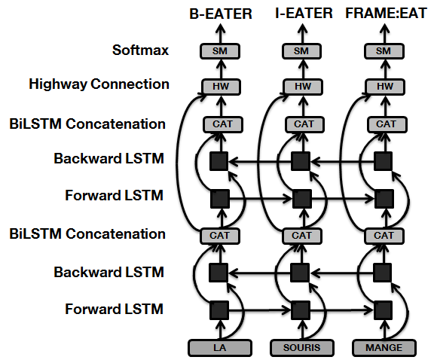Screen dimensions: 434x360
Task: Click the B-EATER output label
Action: pyautogui.click(x=221, y=14)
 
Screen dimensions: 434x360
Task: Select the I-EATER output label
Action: pyautogui.click(x=304, y=14)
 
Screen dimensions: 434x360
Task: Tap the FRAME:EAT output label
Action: pyautogui.click(x=386, y=14)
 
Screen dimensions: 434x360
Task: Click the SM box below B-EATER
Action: pyautogui.click(x=220, y=51)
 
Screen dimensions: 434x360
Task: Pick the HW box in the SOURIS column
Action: pyautogui.click(x=303, y=87)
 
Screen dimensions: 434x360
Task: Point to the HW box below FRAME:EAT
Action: pyautogui.click(x=385, y=87)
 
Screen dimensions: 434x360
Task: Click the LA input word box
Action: pyautogui.click(x=220, y=348)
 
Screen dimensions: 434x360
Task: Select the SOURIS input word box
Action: pyautogui.click(x=302, y=348)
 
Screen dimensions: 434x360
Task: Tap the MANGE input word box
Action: pyautogui.click(x=384, y=348)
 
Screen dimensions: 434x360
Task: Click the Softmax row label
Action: pyautogui.click(x=140, y=50)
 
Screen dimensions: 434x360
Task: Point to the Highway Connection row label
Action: pyautogui.click(x=99, y=84)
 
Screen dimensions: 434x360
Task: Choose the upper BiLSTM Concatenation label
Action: pyautogui.click(x=87, y=124)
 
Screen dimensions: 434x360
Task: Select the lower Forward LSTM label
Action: pyautogui.click(x=114, y=309)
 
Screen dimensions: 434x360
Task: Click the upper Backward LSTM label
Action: pyautogui.click(x=108, y=158)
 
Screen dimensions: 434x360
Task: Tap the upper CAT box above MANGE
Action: pyautogui.click(x=387, y=125)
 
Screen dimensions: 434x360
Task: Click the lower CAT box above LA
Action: pyautogui.click(x=220, y=236)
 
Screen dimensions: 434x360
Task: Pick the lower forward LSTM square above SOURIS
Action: pyautogui.click(x=301, y=310)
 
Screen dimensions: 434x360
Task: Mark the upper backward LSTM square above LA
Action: pyautogui.click(x=219, y=161)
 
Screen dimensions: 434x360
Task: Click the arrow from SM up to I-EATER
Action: pyautogui.click(x=303, y=33)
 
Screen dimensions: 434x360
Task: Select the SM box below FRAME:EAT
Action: pyautogui.click(x=384, y=51)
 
